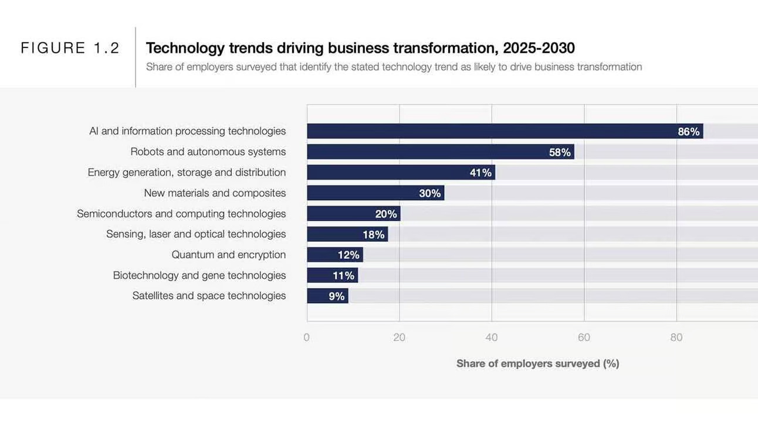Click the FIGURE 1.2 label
(x=70, y=48)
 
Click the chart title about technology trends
(x=360, y=48)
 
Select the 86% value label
(x=688, y=131)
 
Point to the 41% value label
(x=480, y=173)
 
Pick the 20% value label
(x=386, y=214)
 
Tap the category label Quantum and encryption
(x=228, y=255)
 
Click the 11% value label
(x=343, y=275)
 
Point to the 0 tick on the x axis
(x=307, y=338)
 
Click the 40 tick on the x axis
(x=492, y=338)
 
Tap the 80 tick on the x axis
(x=676, y=338)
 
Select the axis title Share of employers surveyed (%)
(x=537, y=363)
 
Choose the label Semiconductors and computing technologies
(x=181, y=214)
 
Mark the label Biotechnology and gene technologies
(x=199, y=275)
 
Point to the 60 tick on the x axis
(x=584, y=338)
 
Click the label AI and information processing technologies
(x=187, y=131)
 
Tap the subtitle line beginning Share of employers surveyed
(x=394, y=67)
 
